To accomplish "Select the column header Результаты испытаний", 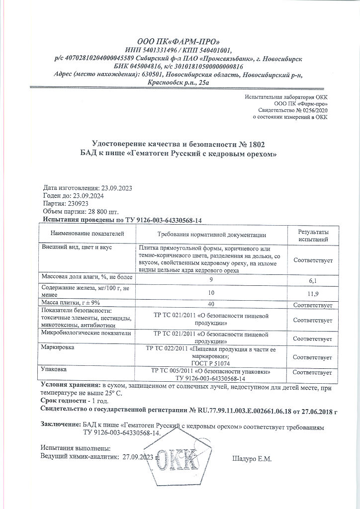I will (x=313, y=236).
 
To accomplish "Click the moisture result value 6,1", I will (x=313, y=280).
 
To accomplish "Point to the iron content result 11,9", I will (x=313, y=293).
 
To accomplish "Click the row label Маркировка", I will (x=60, y=347).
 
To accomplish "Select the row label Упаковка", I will (x=57, y=370).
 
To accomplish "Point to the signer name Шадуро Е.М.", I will (x=252, y=459).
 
